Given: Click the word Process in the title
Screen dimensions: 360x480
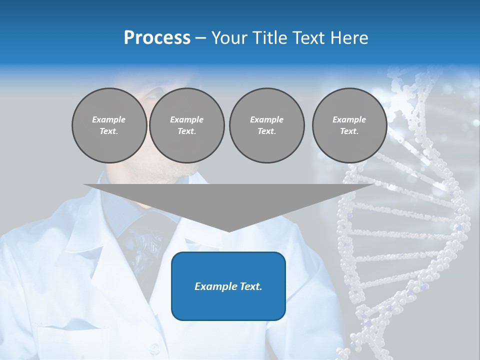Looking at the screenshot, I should click(x=157, y=38).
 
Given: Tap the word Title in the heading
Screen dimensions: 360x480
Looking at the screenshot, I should click(x=272, y=38).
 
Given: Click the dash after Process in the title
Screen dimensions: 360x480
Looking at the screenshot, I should click(x=200, y=39).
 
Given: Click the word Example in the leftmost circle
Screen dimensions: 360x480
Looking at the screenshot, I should click(x=109, y=119).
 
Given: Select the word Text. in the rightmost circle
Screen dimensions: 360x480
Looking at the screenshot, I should click(x=349, y=131).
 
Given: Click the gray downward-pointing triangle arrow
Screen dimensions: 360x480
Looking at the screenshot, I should click(x=229, y=200).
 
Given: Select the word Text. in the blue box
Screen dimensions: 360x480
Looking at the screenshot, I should click(x=250, y=286).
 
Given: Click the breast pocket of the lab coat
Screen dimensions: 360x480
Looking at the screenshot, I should click(x=75, y=340).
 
